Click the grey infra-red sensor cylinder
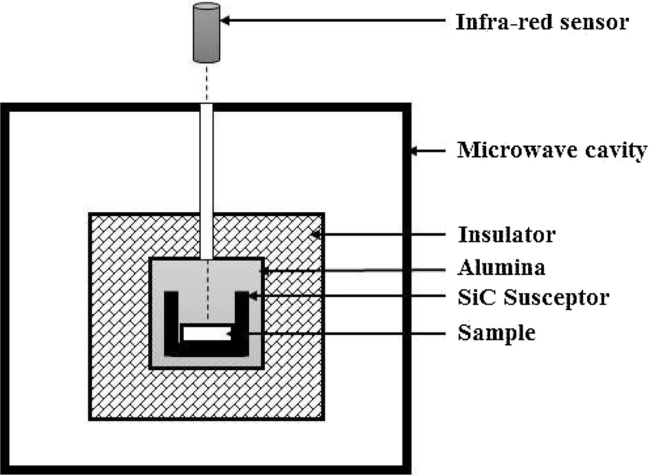click(x=206, y=32)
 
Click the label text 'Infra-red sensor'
click(x=542, y=22)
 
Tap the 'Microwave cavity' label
click(x=552, y=151)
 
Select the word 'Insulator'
click(x=506, y=235)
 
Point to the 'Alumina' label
click(x=501, y=267)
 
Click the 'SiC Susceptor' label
click(x=533, y=298)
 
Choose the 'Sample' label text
click(x=497, y=333)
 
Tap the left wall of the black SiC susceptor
click(x=172, y=321)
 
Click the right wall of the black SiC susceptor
click(x=242, y=321)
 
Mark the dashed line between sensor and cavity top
click(x=207, y=82)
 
